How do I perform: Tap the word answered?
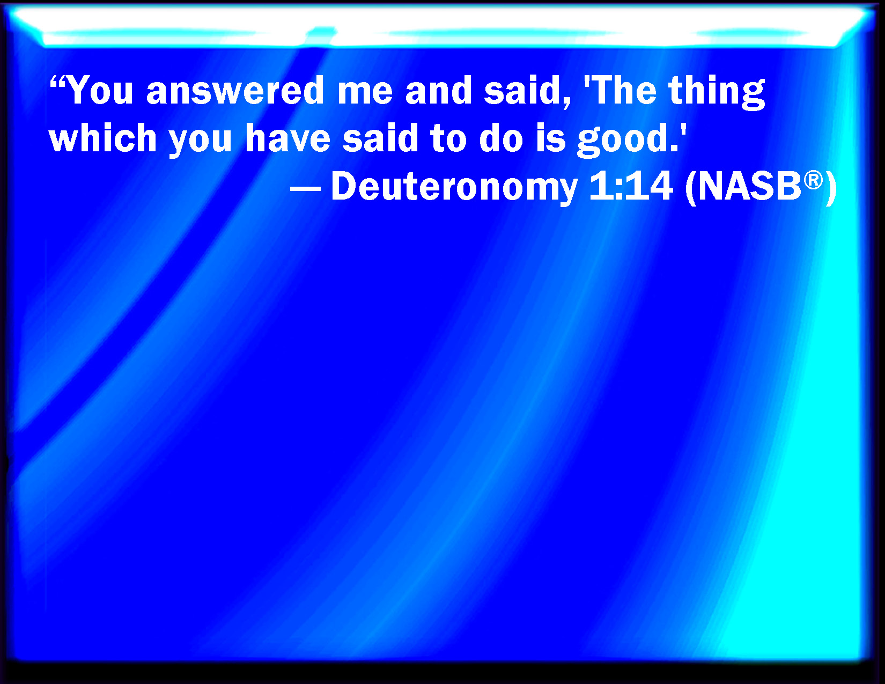(x=235, y=91)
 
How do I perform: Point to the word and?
(x=438, y=91)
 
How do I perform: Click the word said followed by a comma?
(x=527, y=92)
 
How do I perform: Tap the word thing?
(x=717, y=92)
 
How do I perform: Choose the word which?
(x=102, y=138)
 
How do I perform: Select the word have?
(x=287, y=138)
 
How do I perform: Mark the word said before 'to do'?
(x=380, y=138)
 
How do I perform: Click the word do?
(x=501, y=138)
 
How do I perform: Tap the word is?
(x=551, y=138)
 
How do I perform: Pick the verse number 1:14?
(x=630, y=187)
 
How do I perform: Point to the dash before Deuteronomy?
(x=305, y=190)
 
